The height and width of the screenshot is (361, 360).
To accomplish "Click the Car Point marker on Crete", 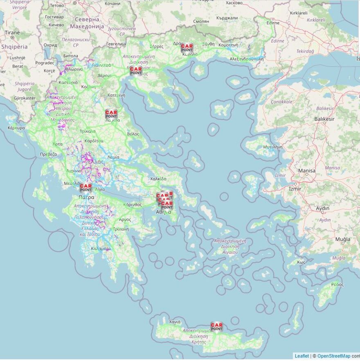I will [x=216, y=327].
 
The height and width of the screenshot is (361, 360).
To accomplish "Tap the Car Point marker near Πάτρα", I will [x=85, y=187].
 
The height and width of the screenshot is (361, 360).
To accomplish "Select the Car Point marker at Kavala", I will [x=187, y=48].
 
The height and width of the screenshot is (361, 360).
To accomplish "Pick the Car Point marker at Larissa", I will [x=111, y=114].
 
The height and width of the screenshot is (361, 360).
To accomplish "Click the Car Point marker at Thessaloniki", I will [x=136, y=70].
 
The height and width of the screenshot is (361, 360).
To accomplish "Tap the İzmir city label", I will [x=295, y=189].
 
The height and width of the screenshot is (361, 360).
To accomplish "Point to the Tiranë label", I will [x=12, y=32].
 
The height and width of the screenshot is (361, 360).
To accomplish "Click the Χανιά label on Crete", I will [x=175, y=322].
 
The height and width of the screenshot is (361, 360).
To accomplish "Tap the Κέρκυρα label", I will [x=16, y=128].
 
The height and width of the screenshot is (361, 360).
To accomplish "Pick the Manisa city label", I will [x=307, y=171].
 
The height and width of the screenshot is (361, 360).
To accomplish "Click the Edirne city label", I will [x=273, y=23].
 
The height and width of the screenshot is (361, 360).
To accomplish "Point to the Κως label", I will [x=301, y=262].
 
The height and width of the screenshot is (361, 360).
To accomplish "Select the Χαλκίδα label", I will [x=158, y=179].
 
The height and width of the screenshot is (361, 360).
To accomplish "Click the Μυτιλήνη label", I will [x=273, y=147].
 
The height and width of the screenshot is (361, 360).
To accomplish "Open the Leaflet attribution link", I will [x=302, y=356].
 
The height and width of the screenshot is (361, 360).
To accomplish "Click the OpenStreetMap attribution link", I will [x=333, y=356].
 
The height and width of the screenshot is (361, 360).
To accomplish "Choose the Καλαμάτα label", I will [x=101, y=248].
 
